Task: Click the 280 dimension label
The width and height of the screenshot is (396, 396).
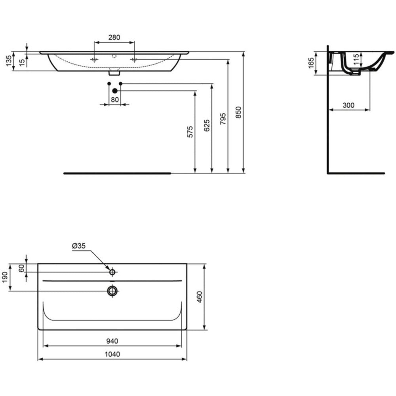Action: pos(114,37)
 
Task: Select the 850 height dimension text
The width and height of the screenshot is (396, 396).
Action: pos(239,112)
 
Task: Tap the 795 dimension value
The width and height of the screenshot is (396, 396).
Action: pos(223,119)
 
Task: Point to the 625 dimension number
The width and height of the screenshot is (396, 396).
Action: pos(207,125)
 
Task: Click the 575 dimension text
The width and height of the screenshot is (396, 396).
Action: pos(190,132)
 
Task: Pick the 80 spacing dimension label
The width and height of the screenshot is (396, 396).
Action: pos(115,100)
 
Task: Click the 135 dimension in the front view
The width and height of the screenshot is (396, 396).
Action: pos(9,61)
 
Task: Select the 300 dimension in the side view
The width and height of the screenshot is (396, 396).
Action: pos(348,105)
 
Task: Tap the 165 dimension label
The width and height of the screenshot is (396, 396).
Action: pos(311,63)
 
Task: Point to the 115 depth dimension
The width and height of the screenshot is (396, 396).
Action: pos(356,60)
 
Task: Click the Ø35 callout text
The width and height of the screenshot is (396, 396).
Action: pos(79,246)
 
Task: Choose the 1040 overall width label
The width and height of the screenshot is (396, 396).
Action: pos(112,354)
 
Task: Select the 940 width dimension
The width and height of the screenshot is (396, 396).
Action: pos(112,341)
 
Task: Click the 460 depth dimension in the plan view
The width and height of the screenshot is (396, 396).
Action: pos(200,297)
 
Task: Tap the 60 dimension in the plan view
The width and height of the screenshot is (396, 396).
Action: pos(22,268)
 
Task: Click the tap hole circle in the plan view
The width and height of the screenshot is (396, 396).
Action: pos(112,272)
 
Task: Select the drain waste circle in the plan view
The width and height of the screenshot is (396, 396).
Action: pos(112,291)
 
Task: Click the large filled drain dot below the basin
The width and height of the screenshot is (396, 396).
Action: pos(115,91)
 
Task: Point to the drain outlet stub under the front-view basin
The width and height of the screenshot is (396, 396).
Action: pos(114,73)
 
